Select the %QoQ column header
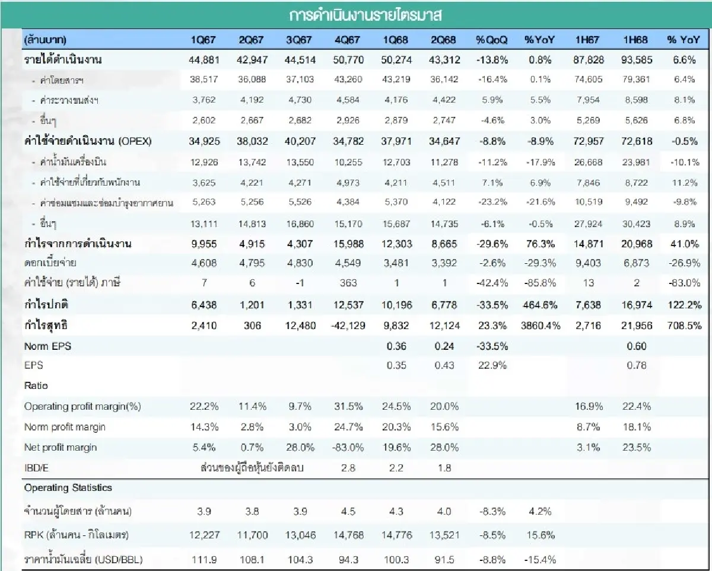pyautogui.click(x=491, y=40)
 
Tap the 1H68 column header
pyautogui.click(x=635, y=40)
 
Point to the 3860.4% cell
pyautogui.click(x=539, y=326)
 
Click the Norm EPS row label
pyautogui.click(x=47, y=346)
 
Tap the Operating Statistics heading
pyautogui.click(x=68, y=487)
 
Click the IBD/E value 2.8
pyautogui.click(x=349, y=468)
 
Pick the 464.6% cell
pyautogui.click(x=539, y=305)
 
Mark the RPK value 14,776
pyautogui.click(x=396, y=535)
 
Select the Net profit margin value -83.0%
pyautogui.click(x=348, y=447)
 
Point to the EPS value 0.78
pyautogui.click(x=636, y=365)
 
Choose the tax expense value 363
pyautogui.click(x=348, y=283)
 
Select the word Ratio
pyautogui.click(x=36, y=385)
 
